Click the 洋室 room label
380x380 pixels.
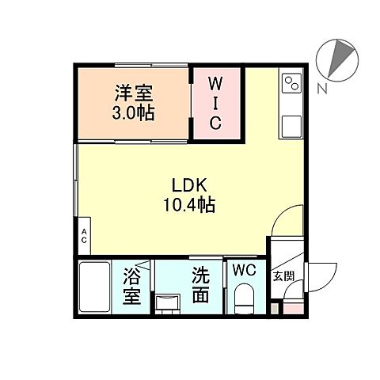tap(133, 93)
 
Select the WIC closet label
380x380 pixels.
tap(215, 103)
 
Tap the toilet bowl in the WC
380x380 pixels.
tap(245, 299)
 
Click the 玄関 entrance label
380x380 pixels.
tap(283, 276)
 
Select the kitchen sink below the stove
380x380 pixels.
tap(291, 125)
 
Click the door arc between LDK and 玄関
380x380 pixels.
tap(287, 220)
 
